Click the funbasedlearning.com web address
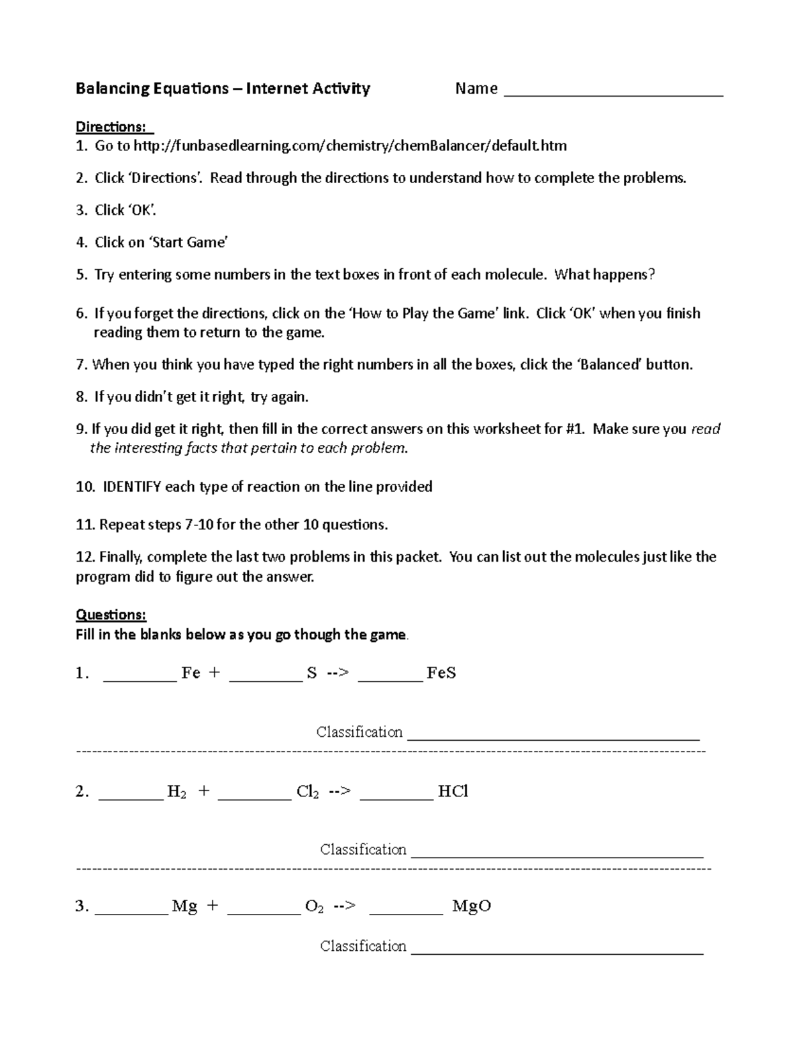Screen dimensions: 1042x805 point(350,146)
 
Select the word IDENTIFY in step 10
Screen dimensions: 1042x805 point(131,486)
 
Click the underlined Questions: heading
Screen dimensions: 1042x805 point(111,615)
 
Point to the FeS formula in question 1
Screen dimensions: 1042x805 point(441,673)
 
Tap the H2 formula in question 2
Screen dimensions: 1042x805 point(176,792)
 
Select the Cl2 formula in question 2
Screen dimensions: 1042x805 point(307,792)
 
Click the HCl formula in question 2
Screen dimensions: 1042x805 point(453,791)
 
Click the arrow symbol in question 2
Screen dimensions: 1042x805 point(339,792)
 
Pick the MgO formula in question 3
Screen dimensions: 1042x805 point(472,906)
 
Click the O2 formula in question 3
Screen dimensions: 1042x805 point(315,907)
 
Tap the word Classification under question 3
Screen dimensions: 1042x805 point(363,946)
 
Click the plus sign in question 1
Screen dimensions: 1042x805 point(214,673)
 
